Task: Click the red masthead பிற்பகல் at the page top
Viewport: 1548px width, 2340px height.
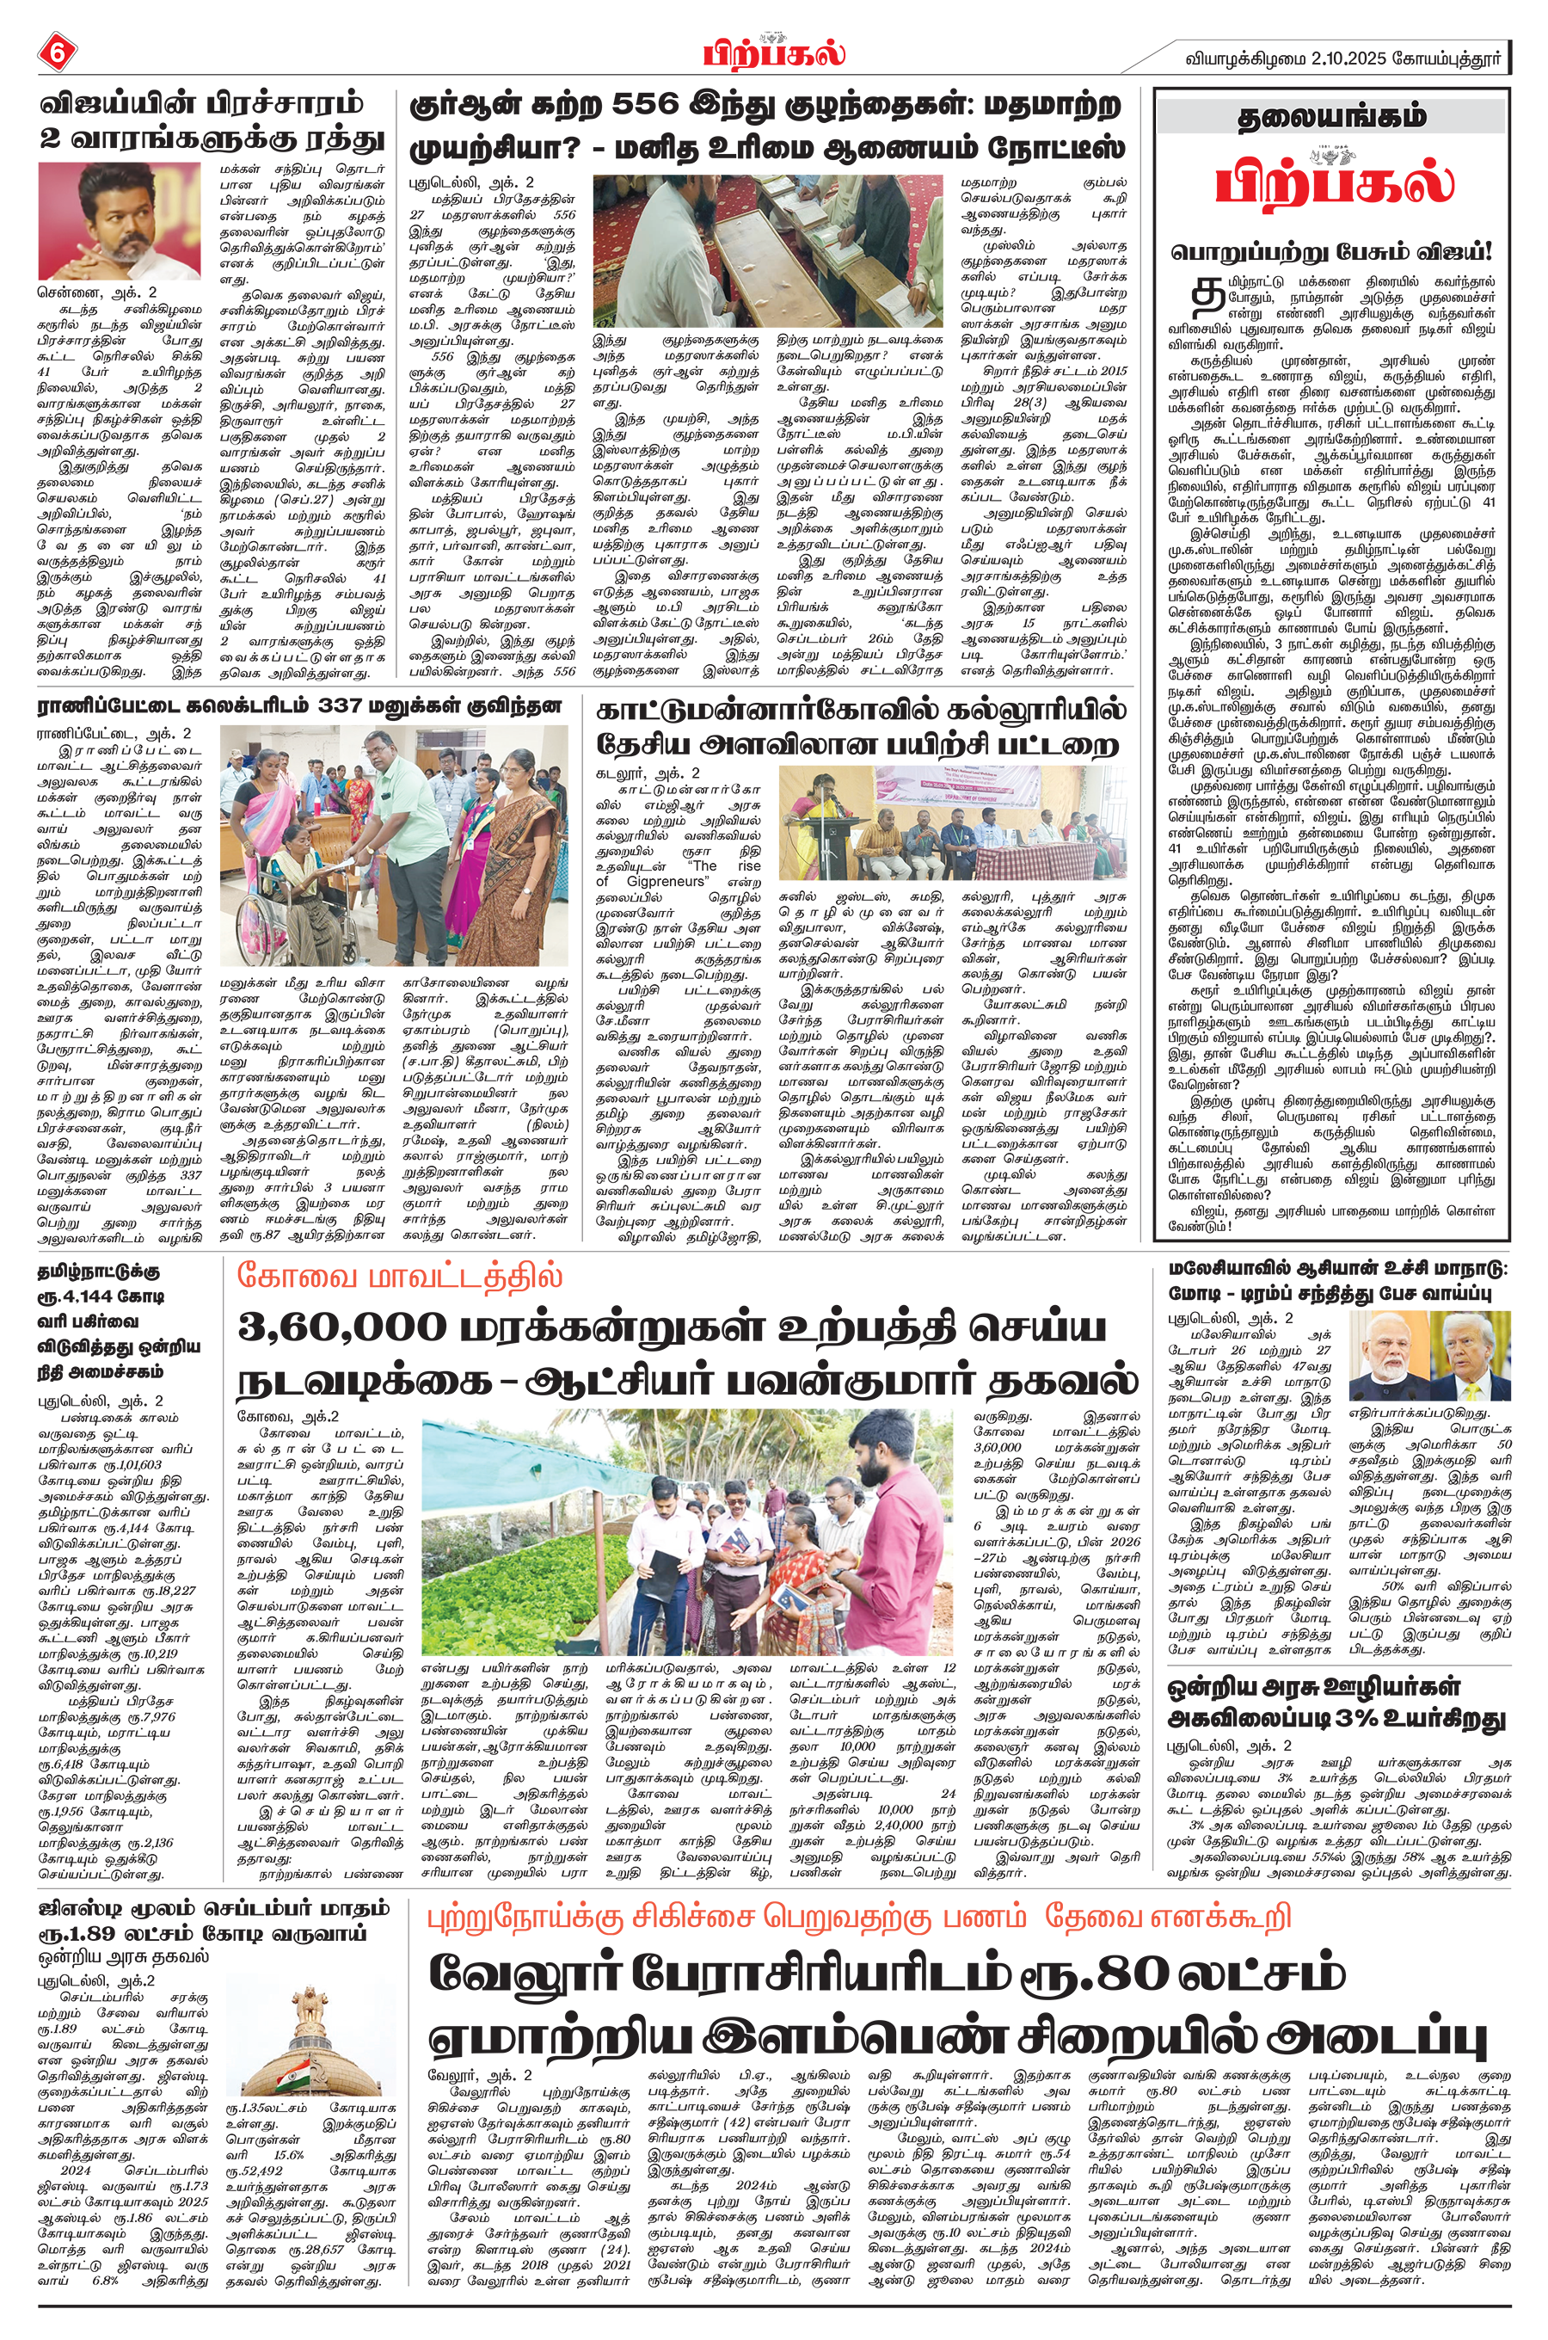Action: point(774,51)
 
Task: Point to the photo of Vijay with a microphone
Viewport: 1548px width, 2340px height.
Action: point(119,220)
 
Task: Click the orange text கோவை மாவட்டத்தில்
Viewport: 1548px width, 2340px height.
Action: point(399,1275)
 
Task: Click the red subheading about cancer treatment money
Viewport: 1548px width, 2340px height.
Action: point(859,1918)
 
